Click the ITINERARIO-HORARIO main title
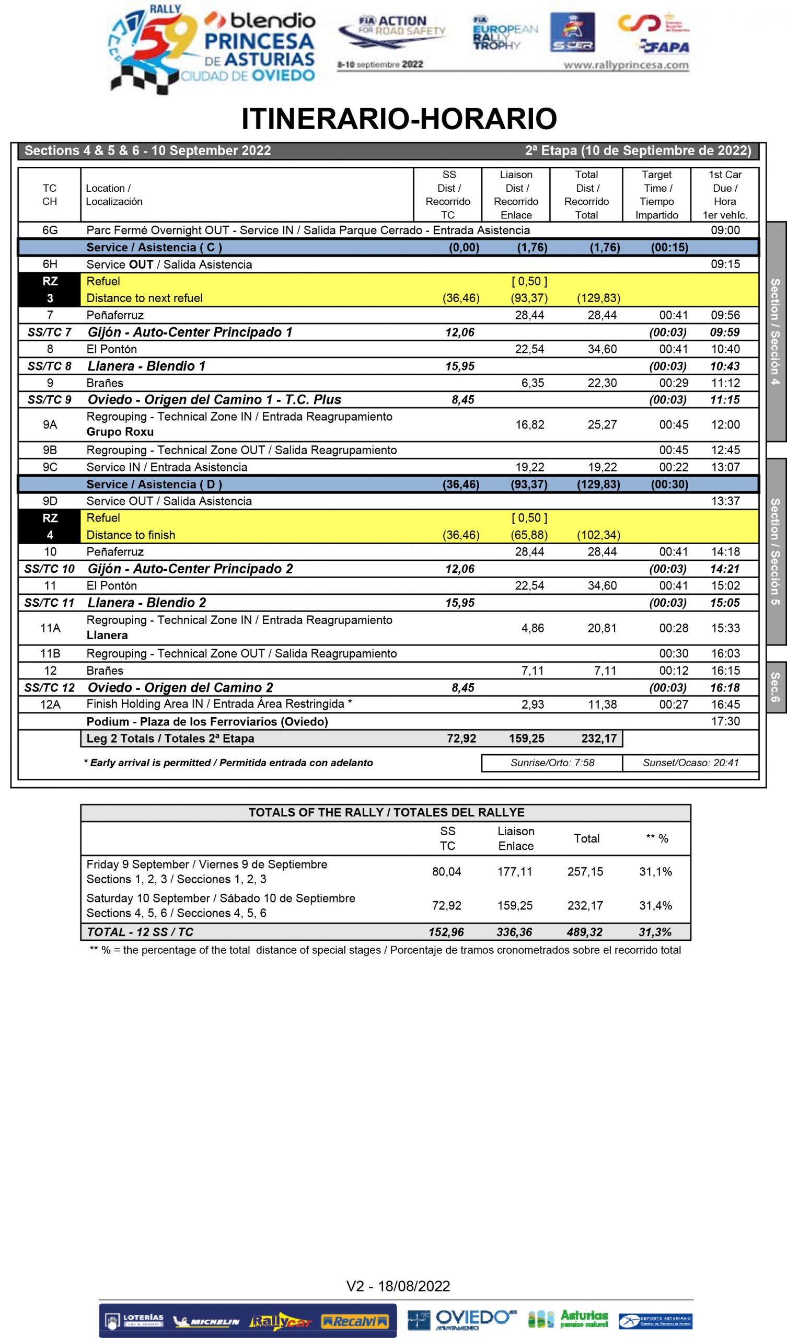(x=399, y=119)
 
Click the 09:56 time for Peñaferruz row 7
(x=725, y=315)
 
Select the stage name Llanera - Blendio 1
(x=146, y=366)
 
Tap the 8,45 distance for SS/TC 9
(x=462, y=400)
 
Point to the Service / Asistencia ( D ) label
(x=154, y=484)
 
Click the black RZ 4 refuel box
(x=50, y=526)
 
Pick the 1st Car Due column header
(x=725, y=194)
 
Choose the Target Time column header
(x=656, y=194)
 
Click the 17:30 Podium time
(x=725, y=721)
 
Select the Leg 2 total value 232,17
(x=598, y=738)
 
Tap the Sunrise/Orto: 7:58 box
(x=552, y=763)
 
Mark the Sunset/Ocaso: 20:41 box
(x=690, y=763)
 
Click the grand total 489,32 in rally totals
(x=585, y=932)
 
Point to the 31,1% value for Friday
(x=655, y=871)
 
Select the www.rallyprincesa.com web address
(x=626, y=65)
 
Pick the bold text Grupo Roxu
(x=120, y=432)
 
